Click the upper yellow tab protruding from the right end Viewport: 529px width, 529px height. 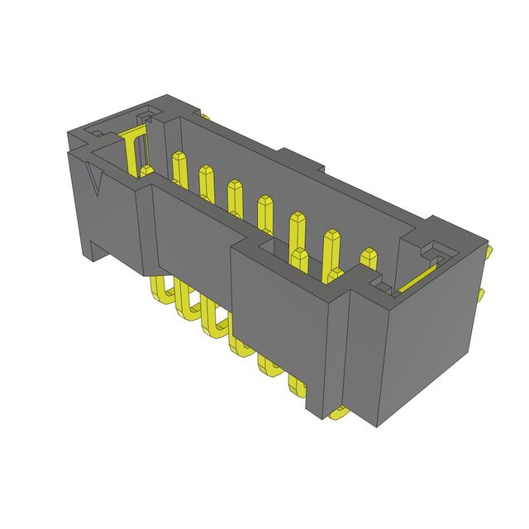[x=488, y=250]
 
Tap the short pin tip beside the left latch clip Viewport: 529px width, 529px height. [x=146, y=171]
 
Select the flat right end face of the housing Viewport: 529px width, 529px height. [x=430, y=339]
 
